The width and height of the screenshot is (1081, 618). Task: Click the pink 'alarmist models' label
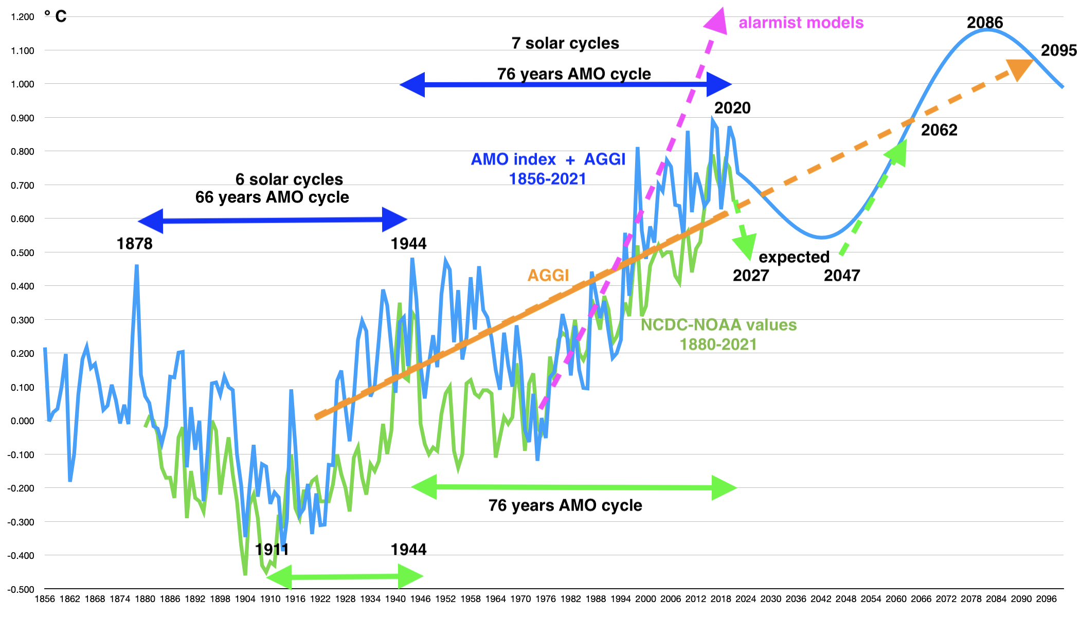coord(801,23)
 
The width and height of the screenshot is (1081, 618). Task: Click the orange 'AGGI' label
coord(548,276)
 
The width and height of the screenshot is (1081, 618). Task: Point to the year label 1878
coord(134,243)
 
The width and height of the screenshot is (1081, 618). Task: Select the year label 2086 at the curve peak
coord(985,23)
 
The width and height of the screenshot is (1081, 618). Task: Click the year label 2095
coord(1058,50)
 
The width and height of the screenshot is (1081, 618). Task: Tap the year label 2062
coord(939,130)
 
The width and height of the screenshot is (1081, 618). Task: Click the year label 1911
coord(272,550)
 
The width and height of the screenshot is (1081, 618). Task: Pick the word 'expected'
coord(794,257)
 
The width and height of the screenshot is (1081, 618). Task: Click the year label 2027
coord(750,276)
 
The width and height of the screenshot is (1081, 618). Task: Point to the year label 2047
coord(841,276)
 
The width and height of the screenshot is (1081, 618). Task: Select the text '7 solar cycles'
coord(565,43)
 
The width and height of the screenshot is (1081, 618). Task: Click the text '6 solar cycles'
coord(289,179)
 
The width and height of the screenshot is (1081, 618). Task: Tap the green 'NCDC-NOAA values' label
coord(718,325)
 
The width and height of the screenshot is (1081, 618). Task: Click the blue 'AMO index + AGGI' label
coord(548,159)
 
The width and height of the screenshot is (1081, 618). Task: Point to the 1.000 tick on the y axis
coord(23,84)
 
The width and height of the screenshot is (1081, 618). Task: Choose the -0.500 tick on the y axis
coord(21,589)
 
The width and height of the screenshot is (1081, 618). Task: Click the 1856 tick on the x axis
coord(45,599)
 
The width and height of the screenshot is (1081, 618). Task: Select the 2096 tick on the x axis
coord(1047,599)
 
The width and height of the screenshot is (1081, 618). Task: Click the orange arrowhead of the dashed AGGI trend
coord(1019,68)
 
